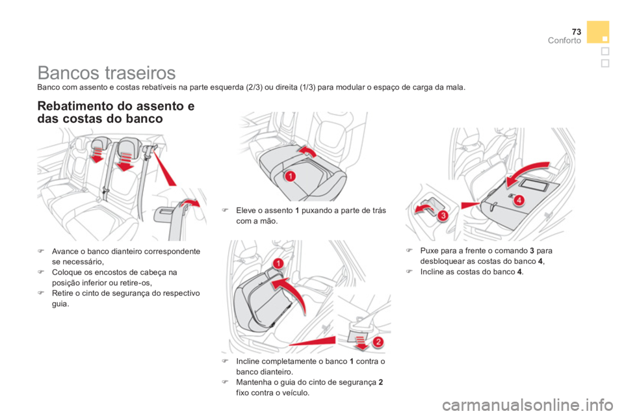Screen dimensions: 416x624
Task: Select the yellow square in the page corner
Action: pyautogui.click(x=597, y=31)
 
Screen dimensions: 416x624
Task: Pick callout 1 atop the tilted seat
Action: pyautogui.click(x=278, y=263)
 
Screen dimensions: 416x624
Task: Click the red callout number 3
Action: pyautogui.click(x=442, y=215)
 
